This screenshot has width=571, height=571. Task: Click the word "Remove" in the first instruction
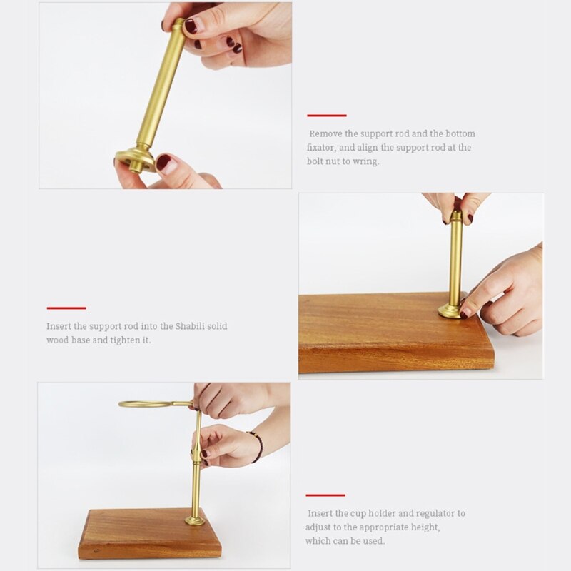pos(325,133)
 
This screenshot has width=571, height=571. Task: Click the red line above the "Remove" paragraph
pos(327,116)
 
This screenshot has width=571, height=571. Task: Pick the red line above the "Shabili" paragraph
pos(66,308)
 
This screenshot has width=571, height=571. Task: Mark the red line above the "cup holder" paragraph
pos(325,495)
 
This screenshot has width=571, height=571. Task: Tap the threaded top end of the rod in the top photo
pos(178,24)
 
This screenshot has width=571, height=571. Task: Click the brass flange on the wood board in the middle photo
pos(451,311)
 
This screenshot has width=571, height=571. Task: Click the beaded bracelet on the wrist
pos(258,445)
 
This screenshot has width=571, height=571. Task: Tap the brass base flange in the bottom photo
pos(195,521)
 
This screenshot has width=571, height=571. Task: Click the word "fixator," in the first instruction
pos(320,148)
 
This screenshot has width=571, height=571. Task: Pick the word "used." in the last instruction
pos(373,541)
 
